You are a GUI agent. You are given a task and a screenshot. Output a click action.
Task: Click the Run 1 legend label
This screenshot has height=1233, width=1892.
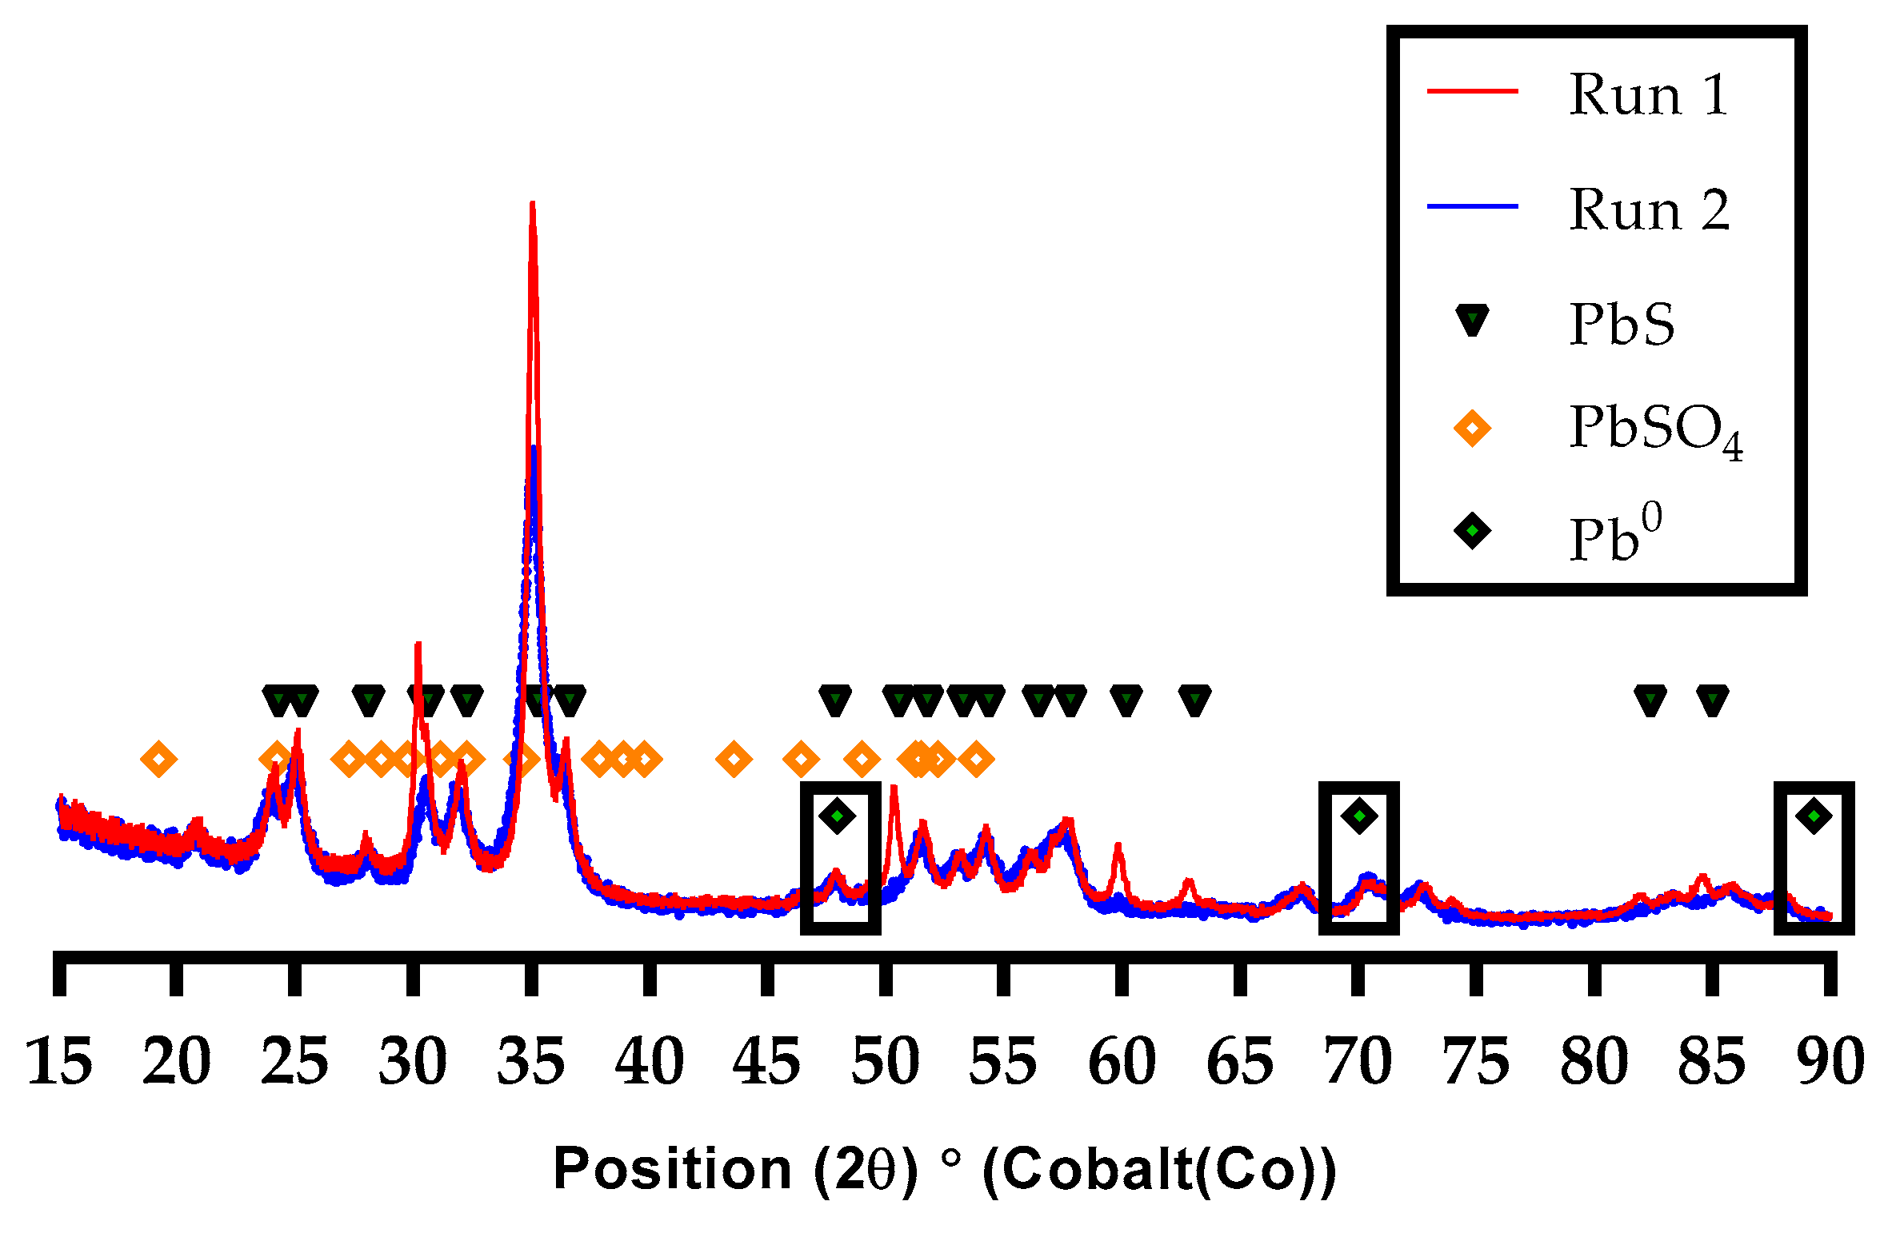pyautogui.click(x=1648, y=94)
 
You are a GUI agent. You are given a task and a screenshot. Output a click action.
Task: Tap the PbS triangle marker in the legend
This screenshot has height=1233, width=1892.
pyautogui.click(x=1472, y=320)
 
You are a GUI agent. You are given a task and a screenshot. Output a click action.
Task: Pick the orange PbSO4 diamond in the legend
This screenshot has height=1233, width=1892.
pyautogui.click(x=1472, y=428)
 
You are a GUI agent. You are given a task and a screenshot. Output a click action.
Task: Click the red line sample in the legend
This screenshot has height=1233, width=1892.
pyautogui.click(x=1472, y=91)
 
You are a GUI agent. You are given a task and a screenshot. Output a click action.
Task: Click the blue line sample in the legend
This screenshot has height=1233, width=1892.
pyautogui.click(x=1472, y=206)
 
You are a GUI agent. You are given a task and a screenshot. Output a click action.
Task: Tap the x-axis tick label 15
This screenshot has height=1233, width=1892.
pyautogui.click(x=59, y=1062)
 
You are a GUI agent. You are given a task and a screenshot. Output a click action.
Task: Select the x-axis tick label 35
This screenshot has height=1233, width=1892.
pyautogui.click(x=531, y=1062)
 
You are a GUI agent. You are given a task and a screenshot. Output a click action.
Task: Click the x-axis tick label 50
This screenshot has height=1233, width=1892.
pyautogui.click(x=886, y=1062)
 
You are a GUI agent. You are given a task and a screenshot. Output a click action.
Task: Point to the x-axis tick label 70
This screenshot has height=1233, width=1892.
pyautogui.click(x=1358, y=1062)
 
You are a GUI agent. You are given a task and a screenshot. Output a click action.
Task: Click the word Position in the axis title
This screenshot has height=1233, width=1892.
pyautogui.click(x=672, y=1169)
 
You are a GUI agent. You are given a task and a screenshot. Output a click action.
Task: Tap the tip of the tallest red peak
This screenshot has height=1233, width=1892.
pyautogui.click(x=532, y=203)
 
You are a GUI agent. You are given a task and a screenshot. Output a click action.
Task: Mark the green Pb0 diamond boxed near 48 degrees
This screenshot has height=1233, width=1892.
pyautogui.click(x=838, y=816)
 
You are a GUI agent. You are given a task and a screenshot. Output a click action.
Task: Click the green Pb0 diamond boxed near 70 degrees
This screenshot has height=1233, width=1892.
pyautogui.click(x=1359, y=816)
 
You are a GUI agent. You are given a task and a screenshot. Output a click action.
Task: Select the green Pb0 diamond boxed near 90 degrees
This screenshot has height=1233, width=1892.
pyautogui.click(x=1814, y=816)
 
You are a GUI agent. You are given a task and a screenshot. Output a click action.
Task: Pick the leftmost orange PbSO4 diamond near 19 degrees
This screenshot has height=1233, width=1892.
pyautogui.click(x=158, y=759)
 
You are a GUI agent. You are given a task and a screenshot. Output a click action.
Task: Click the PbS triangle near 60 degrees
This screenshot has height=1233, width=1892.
pyautogui.click(x=1126, y=701)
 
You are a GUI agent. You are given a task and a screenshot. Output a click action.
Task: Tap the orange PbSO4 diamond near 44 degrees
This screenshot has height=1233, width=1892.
pyautogui.click(x=734, y=759)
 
